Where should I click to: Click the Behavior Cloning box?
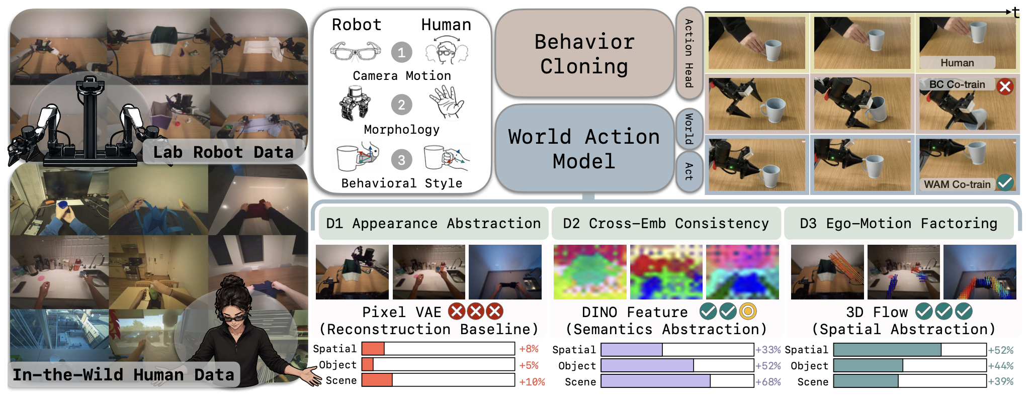pos(584,53)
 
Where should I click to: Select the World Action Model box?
pos(584,148)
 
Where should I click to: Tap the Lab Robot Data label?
pos(223,152)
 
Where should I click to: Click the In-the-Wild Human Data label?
pos(123,375)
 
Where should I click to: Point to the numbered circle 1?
pos(401,52)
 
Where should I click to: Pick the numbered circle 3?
pos(401,160)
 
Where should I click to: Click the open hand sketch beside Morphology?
pos(447,102)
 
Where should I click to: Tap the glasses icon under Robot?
pos(356,51)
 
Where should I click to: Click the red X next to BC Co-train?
pos(1005,86)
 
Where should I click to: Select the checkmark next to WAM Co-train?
pos(1005,182)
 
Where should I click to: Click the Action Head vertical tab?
pos(689,53)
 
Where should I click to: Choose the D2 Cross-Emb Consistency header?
pos(666,223)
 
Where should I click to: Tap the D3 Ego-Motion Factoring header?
pos(899,223)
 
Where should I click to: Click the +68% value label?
pos(768,382)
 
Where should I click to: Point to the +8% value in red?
pos(529,349)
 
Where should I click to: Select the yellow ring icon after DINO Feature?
pos(748,312)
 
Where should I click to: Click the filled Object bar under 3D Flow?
pos(868,365)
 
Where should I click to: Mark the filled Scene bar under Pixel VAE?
pos(377,380)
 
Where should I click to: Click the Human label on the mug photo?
pos(957,63)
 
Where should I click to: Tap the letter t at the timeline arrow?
pos(1016,12)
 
